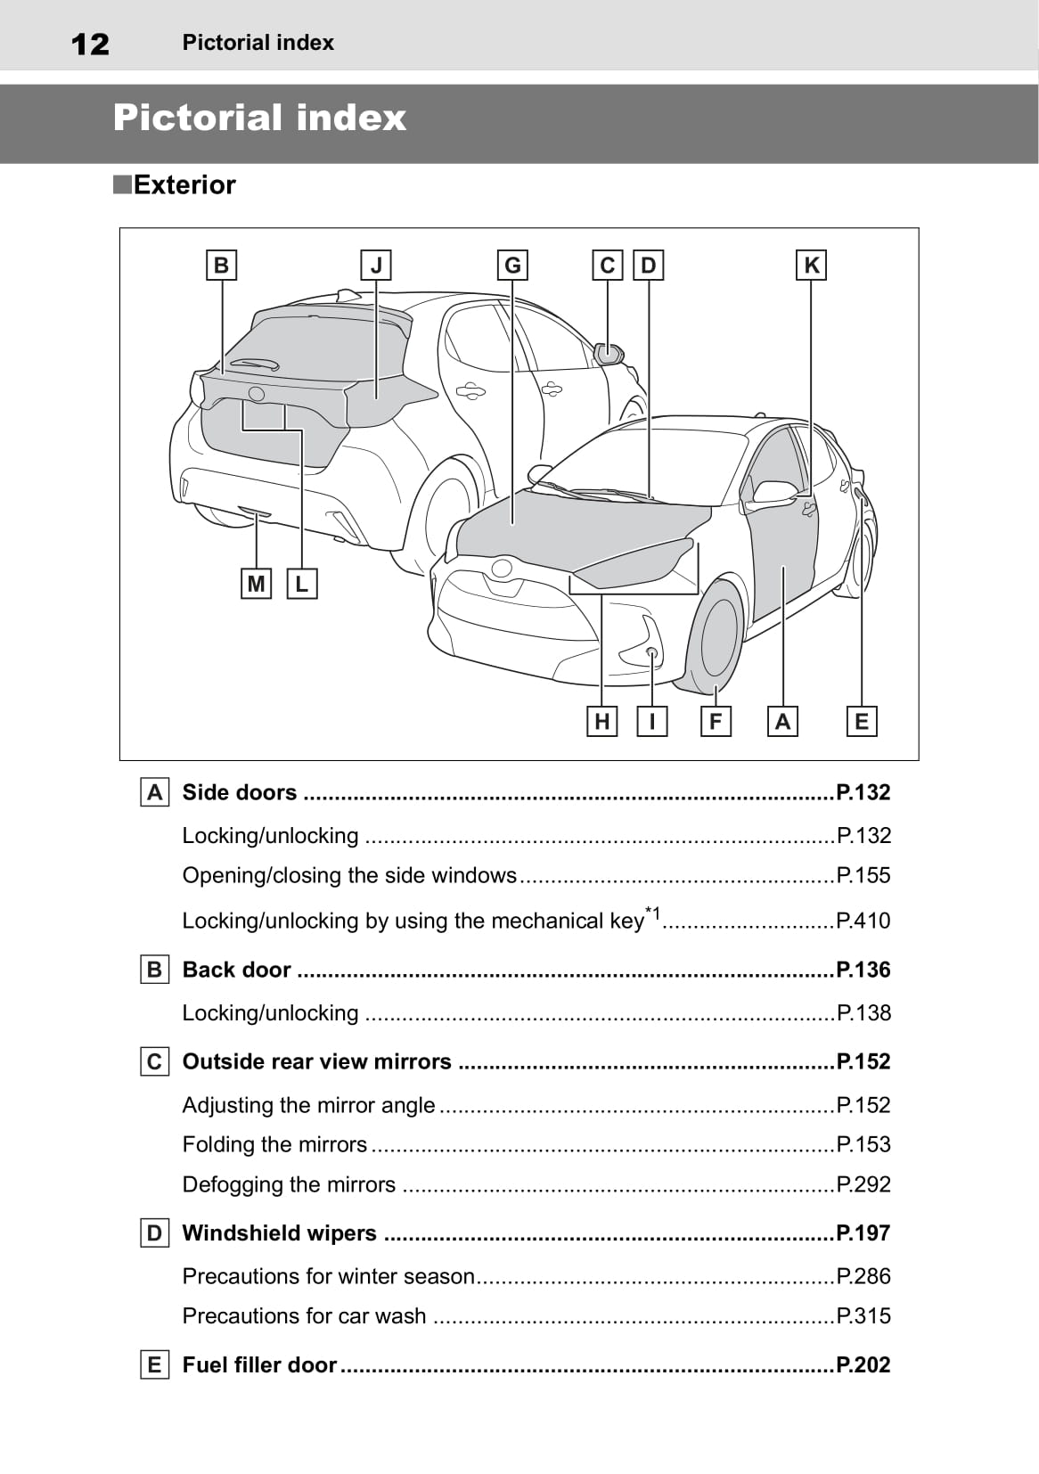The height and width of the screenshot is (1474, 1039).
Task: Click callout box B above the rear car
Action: click(x=221, y=266)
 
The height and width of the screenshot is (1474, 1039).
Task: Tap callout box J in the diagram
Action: click(x=376, y=266)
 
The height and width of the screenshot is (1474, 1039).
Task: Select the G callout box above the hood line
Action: click(x=512, y=266)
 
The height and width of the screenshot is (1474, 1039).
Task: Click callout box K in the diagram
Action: click(x=811, y=266)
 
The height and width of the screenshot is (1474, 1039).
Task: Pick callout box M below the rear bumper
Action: click(x=256, y=584)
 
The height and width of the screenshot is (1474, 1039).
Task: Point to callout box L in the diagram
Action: click(x=302, y=584)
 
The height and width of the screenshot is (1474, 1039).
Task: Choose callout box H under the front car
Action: click(x=601, y=721)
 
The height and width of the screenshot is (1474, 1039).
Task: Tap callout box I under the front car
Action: click(x=652, y=721)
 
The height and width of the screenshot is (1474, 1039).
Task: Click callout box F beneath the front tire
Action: click(x=716, y=721)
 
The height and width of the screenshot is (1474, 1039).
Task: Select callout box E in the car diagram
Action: click(x=862, y=721)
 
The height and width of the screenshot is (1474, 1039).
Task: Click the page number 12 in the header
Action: click(x=90, y=45)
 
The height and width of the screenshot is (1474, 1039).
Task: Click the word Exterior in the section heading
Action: click(x=184, y=184)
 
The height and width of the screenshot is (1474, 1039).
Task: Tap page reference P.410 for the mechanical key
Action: click(x=863, y=920)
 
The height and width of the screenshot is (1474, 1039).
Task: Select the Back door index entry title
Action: click(x=236, y=970)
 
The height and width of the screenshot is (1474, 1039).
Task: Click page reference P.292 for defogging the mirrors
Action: click(x=863, y=1183)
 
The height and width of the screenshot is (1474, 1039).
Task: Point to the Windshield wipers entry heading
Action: click(x=279, y=1232)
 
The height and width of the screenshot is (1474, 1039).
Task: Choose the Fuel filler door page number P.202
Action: click(x=863, y=1364)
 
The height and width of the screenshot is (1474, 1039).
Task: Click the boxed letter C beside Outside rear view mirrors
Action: click(x=155, y=1061)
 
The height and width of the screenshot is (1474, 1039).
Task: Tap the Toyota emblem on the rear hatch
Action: click(x=256, y=394)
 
